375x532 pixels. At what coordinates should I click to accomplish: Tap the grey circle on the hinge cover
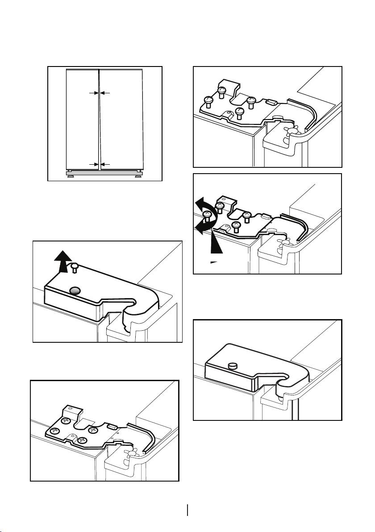click(76, 291)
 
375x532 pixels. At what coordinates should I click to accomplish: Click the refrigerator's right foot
click(139, 175)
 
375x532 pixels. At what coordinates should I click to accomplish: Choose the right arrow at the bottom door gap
click(106, 164)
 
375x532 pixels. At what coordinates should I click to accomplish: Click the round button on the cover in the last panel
click(232, 366)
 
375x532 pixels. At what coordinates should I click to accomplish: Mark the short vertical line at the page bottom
click(187, 510)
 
